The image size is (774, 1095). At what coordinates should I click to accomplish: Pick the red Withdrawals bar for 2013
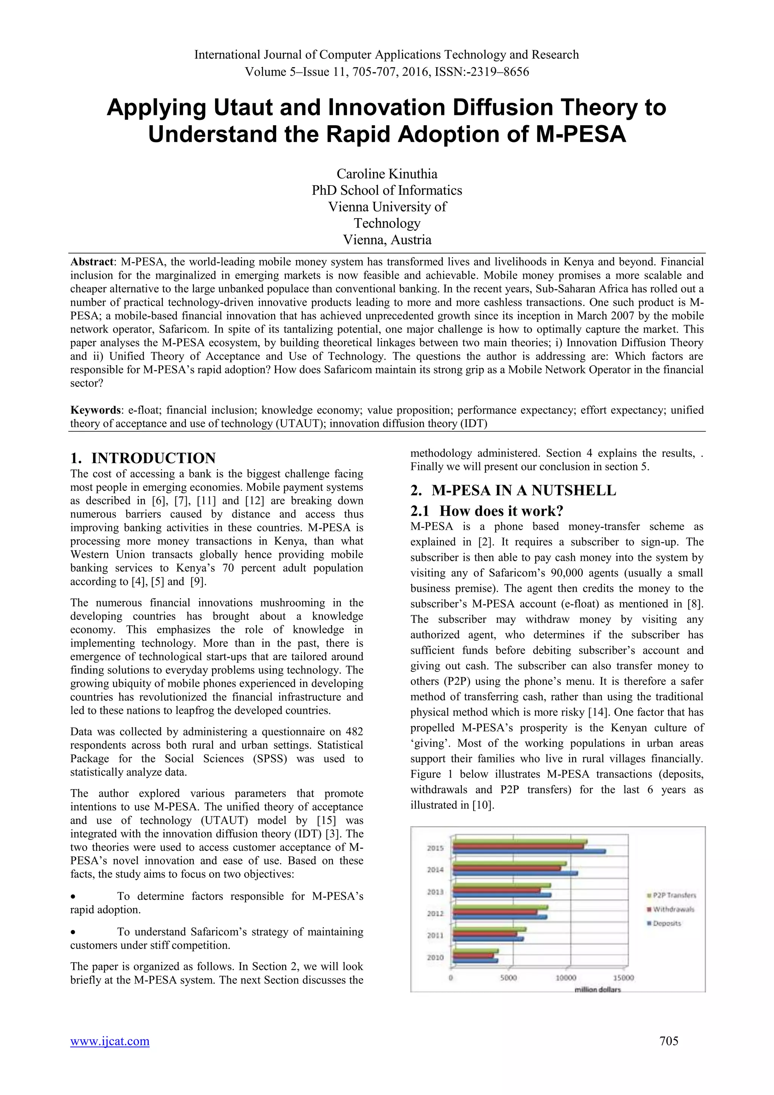[496, 890]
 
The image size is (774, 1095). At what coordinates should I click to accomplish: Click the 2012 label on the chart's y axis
[435, 913]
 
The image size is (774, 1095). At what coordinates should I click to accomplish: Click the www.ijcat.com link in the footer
[110, 1041]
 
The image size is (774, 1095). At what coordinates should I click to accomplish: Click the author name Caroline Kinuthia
[387, 174]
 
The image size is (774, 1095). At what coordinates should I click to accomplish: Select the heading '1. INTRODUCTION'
[142, 458]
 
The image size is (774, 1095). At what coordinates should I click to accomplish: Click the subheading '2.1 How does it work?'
[487, 511]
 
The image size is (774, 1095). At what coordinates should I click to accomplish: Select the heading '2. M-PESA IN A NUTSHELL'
[513, 490]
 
